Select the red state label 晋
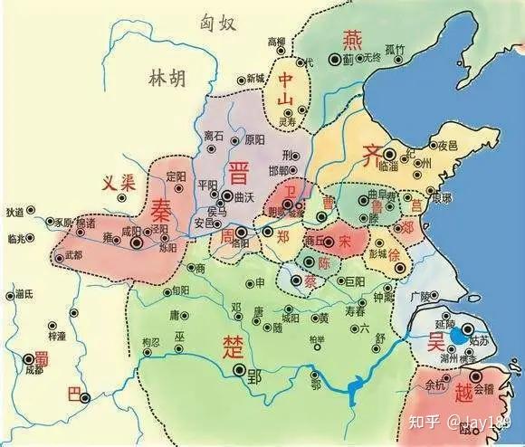(241, 174)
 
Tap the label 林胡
(165, 80)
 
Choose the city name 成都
(33, 369)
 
